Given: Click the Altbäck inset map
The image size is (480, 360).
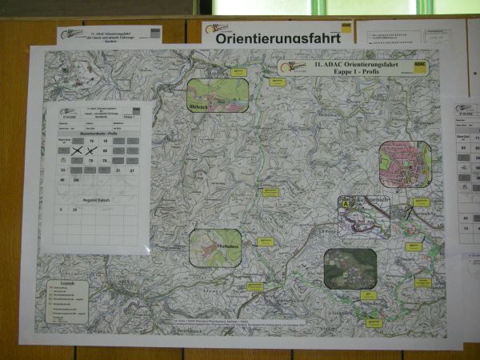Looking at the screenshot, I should tap(218, 95).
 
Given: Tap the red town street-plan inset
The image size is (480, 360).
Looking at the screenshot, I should tap(405, 164).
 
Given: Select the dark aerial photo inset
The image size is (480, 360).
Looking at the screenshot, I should tap(350, 269).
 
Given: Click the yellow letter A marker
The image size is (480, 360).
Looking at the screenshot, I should tap(346, 204).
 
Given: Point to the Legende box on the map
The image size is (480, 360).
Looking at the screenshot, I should tap(67, 300).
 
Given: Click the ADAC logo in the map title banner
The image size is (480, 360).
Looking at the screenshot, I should tap(420, 66).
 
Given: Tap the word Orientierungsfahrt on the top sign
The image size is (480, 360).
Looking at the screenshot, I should tap(268, 37).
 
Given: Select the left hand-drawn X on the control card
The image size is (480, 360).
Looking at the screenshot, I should tap(77, 150).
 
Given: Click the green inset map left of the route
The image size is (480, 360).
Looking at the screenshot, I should tap(215, 247).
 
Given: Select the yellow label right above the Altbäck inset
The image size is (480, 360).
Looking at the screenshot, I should tap(238, 72).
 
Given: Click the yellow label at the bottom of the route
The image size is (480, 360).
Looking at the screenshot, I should tap(374, 323).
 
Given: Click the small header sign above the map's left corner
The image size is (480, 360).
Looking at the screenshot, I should tap(109, 34).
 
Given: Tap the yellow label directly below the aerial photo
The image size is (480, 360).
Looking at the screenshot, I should tap(369, 295).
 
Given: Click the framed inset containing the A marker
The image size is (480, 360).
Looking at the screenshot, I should tap(364, 217).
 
